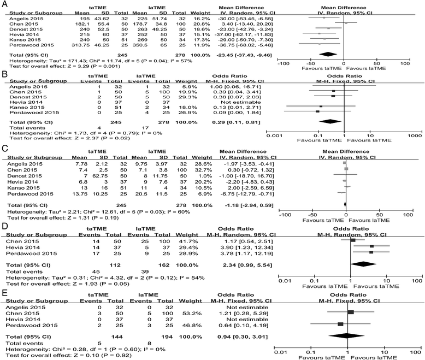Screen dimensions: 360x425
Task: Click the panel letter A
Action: (x=4, y=4)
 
